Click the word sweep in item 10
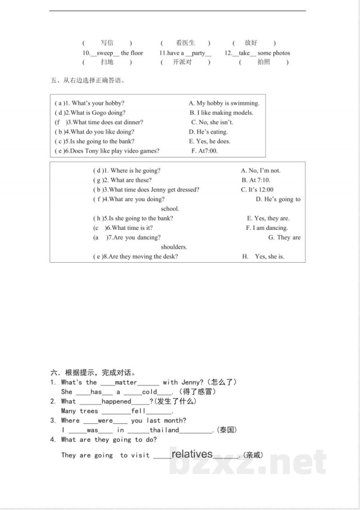(x=105, y=53)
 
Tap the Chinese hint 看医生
(x=185, y=43)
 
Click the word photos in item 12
(x=281, y=53)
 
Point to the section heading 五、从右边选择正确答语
(x=87, y=81)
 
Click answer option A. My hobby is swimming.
(x=224, y=103)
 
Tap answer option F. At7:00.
(x=204, y=151)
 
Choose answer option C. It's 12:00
(x=257, y=190)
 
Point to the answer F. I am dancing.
(x=267, y=228)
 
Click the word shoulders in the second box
(x=174, y=247)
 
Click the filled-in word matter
(x=126, y=382)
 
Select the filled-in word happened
(x=116, y=402)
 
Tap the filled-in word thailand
(x=164, y=430)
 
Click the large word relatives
(x=192, y=453)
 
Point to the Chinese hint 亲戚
(x=252, y=455)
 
